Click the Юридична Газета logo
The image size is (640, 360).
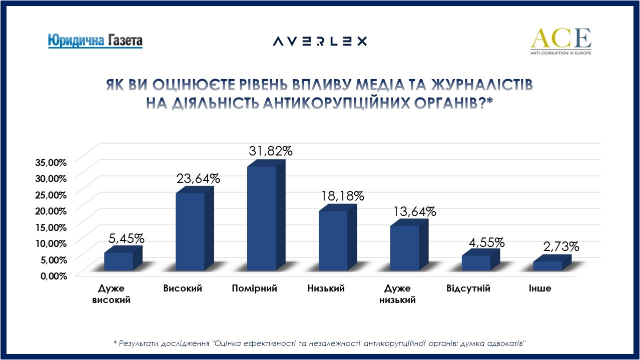[95, 40]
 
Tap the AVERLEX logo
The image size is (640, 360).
[320, 41]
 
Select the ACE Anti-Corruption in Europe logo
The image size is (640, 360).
[560, 41]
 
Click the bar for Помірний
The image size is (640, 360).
[262, 218]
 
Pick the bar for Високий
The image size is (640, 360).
[190, 231]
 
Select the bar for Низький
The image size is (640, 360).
[333, 240]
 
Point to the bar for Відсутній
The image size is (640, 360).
[476, 263]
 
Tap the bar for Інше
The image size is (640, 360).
[547, 266]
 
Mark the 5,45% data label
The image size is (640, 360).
[126, 238]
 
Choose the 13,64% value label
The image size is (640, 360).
[414, 211]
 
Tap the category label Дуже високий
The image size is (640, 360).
[112, 294]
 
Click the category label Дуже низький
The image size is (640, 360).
[398, 294]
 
